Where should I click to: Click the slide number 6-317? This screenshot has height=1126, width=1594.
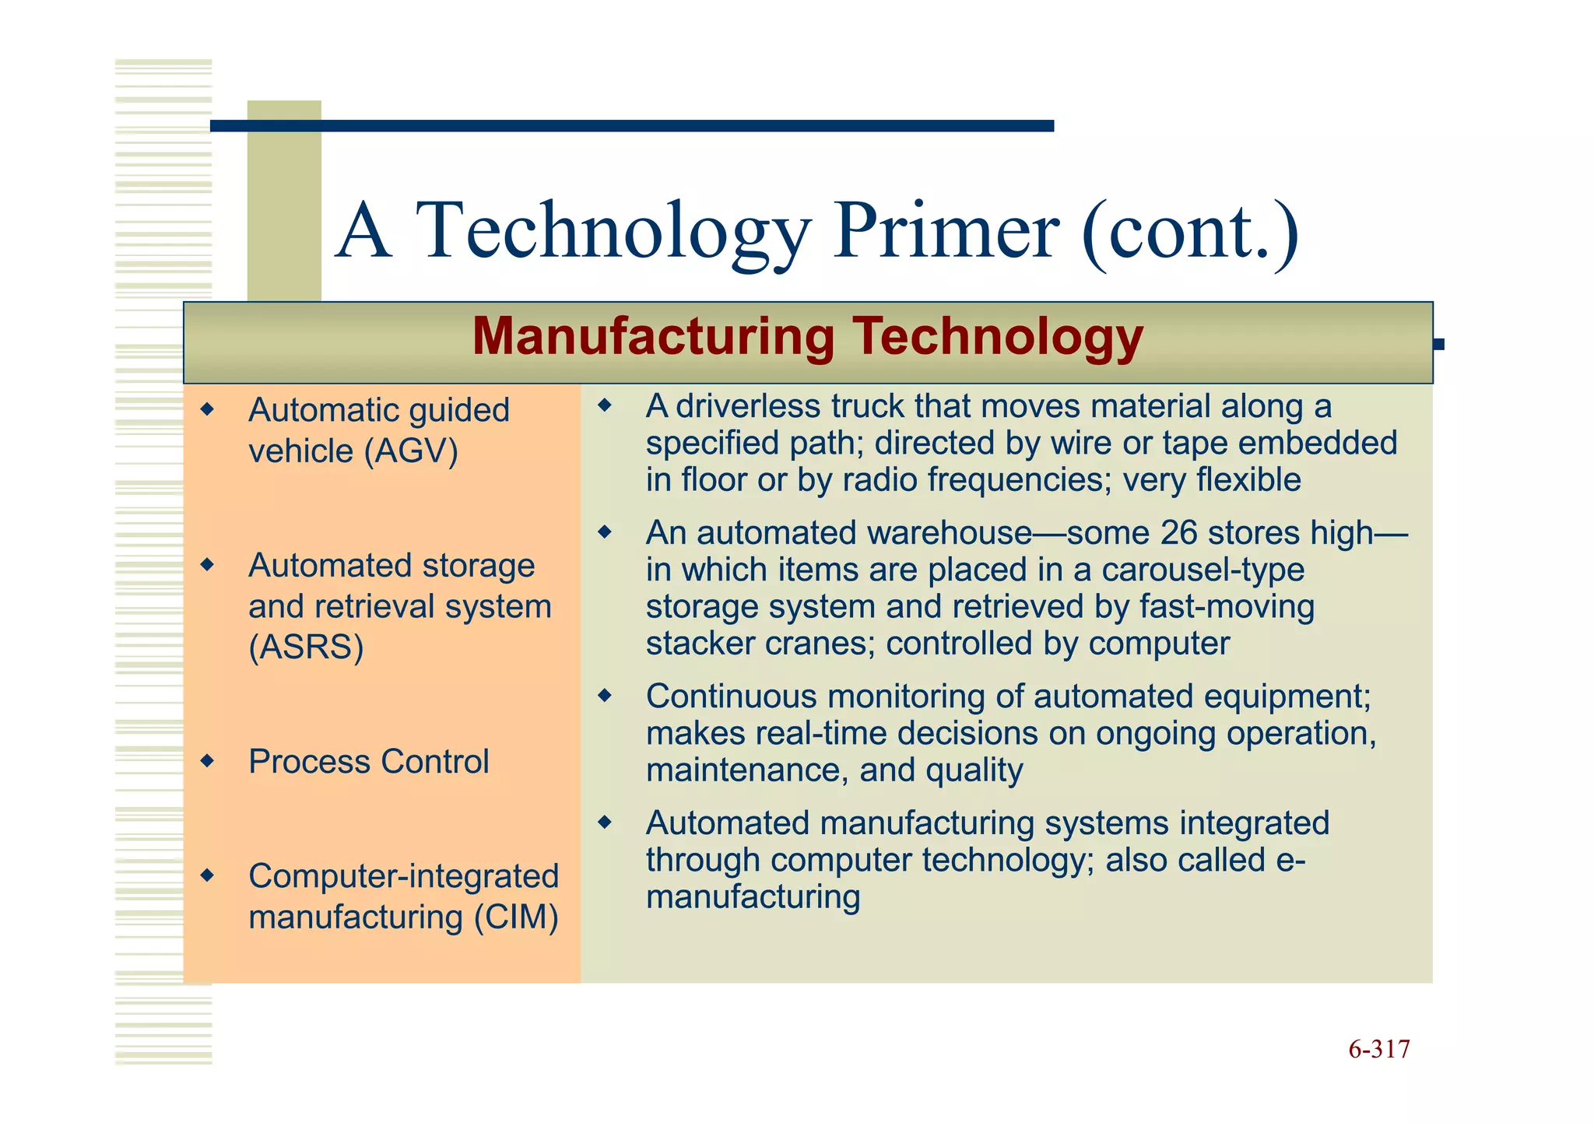point(1378,1050)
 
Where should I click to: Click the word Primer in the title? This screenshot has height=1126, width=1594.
point(946,231)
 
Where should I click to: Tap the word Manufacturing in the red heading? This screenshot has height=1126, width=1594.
point(653,337)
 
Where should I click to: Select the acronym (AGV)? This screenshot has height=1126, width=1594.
point(412,451)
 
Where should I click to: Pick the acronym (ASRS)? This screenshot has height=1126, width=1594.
point(306,647)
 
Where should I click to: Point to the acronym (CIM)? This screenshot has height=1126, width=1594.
point(516,917)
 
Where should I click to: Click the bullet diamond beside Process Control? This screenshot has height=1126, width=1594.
point(207,760)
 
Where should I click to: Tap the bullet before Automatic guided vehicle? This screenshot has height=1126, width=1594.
point(207,409)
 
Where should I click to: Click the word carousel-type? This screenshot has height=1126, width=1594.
point(1203,570)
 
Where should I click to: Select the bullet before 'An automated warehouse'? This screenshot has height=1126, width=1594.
point(605,533)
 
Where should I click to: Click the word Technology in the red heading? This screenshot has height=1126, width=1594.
point(997,337)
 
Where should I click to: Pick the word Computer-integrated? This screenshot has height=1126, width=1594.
point(403,876)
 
